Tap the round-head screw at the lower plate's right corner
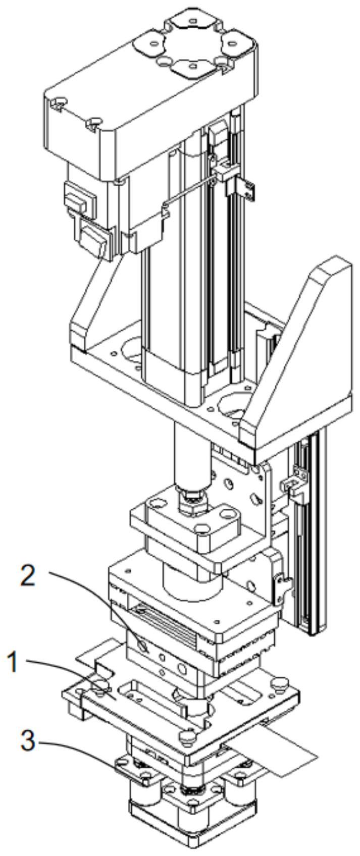(280, 684)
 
